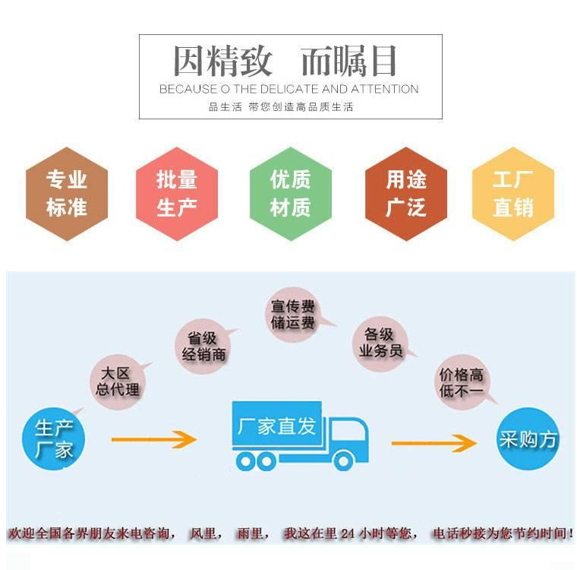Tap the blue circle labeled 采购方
pos(528,439)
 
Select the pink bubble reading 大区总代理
pos(118,382)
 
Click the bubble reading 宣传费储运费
pos(293,315)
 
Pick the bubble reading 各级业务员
pos(380,343)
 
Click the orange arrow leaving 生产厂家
pos(153,439)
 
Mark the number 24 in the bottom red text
pos(348,534)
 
